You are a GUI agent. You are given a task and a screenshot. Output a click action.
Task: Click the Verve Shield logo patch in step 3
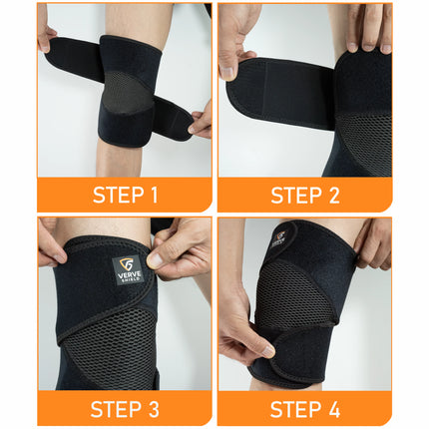click(x=128, y=269)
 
